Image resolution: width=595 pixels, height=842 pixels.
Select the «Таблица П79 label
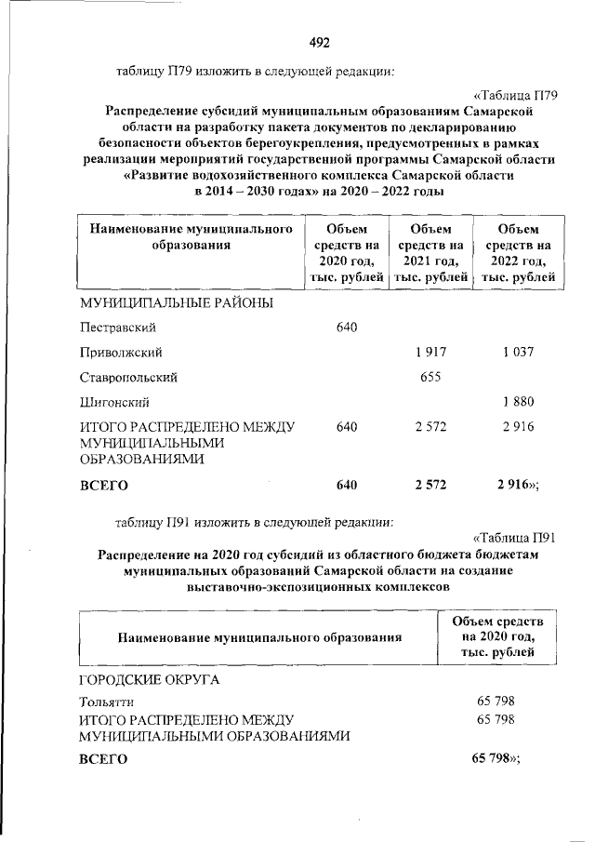pos(515,95)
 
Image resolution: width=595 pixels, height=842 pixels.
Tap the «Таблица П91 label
pos(514,537)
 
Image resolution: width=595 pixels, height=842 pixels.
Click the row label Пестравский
pos(117,327)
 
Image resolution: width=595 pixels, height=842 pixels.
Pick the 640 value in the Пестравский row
pos(347,327)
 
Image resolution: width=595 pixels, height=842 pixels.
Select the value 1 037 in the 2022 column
pos(515,353)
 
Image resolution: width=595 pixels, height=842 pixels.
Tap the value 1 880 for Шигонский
pos(515,402)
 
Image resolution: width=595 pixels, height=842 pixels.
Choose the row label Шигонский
pos(114,403)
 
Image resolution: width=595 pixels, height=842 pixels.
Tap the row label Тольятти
pos(107,702)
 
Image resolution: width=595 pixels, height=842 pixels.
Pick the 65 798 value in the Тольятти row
pos(495,701)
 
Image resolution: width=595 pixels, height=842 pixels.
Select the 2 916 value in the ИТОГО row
pos(515,427)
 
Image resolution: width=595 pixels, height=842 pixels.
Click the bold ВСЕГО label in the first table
pos(103,485)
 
